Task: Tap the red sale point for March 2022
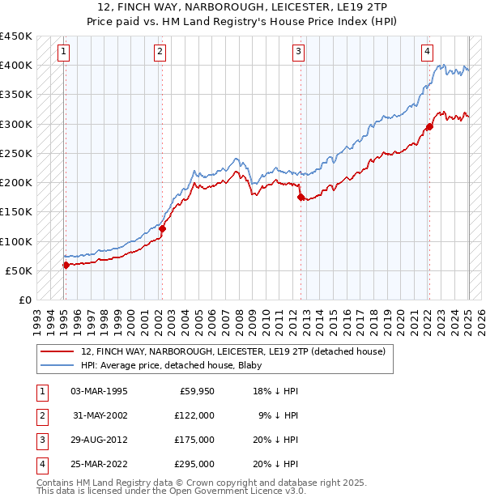(429, 126)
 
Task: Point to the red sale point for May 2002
(162, 228)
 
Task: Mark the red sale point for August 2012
(301, 197)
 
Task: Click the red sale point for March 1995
(66, 265)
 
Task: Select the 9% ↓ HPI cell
(278, 415)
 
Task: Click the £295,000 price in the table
(194, 464)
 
